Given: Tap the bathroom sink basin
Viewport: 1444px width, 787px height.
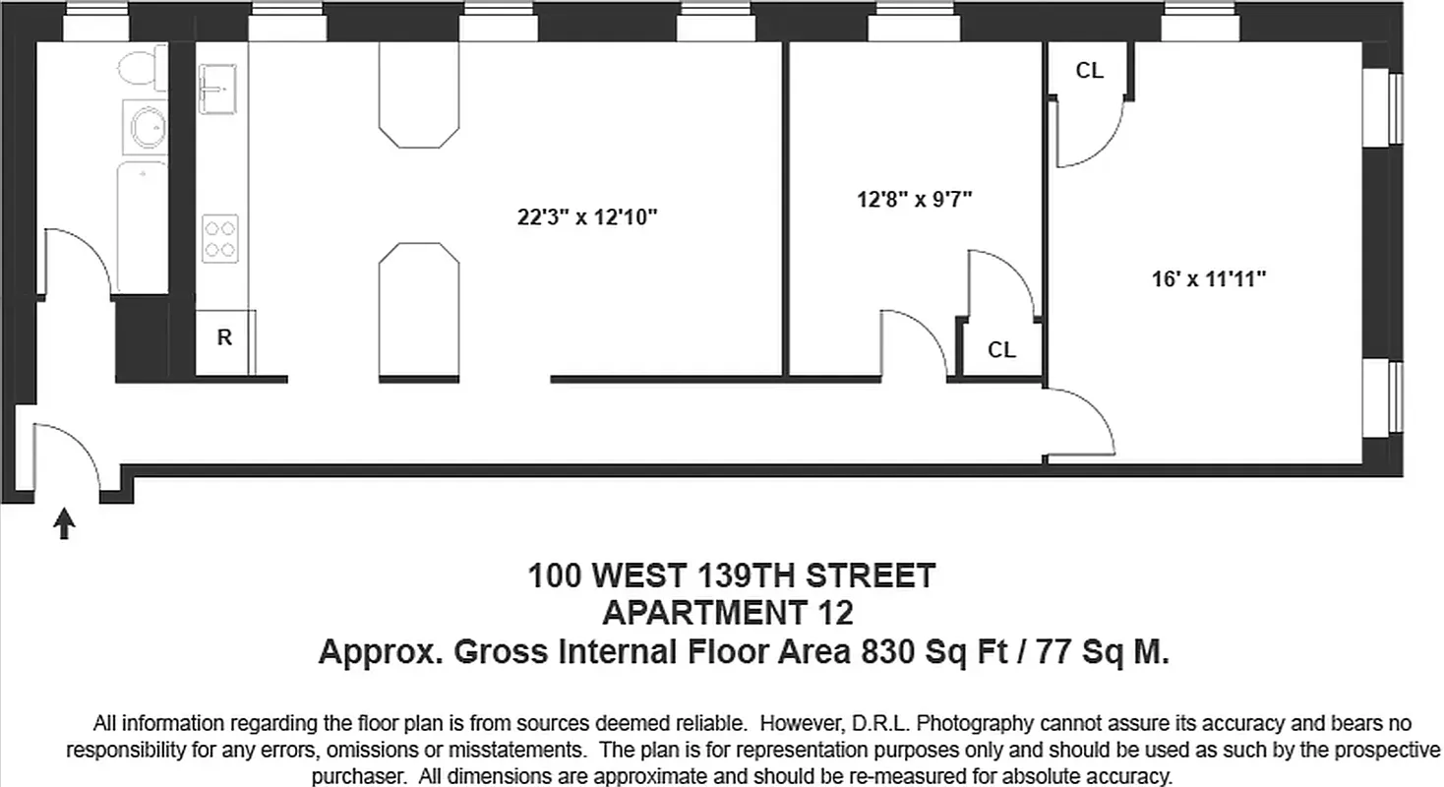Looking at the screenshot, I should tap(147, 127).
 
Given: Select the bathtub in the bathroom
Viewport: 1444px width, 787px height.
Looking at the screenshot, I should tap(142, 227).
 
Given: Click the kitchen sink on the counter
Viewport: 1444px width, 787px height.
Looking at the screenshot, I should tap(217, 90).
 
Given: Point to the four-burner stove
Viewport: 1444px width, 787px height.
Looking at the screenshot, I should tap(220, 238).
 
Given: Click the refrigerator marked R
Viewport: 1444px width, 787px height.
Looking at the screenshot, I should tap(224, 338).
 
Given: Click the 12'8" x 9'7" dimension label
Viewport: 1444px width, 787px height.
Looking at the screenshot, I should tap(914, 200).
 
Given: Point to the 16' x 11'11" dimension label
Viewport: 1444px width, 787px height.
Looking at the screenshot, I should tap(1208, 279).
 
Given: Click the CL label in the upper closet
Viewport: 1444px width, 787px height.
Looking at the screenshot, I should tap(1089, 71).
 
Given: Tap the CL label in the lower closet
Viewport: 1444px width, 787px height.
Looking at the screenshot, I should tap(1001, 350).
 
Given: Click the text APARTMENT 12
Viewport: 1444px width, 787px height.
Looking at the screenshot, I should tap(728, 613).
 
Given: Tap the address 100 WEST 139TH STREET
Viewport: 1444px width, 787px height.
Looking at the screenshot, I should tap(732, 575).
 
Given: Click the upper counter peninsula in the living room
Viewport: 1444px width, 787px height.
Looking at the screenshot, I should tap(420, 97).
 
